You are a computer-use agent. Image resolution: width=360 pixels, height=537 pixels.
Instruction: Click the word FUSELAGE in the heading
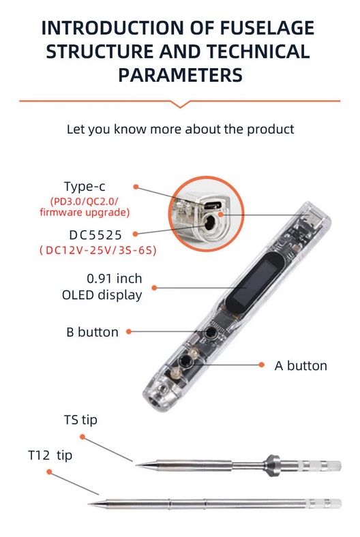pyautogui.click(x=267, y=28)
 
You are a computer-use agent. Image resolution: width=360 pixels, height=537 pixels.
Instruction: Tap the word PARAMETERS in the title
pyautogui.click(x=180, y=75)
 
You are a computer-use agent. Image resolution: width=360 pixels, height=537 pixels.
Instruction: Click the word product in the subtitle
pyautogui.click(x=270, y=129)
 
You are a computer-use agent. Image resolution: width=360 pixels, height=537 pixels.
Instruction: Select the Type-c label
pyautogui.click(x=85, y=187)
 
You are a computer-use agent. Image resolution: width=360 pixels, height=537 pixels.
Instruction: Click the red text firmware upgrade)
pyautogui.click(x=85, y=213)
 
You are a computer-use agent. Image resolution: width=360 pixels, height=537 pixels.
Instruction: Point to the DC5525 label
pyautogui.click(x=95, y=235)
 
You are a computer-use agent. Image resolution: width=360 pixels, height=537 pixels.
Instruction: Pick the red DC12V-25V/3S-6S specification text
pyautogui.click(x=97, y=250)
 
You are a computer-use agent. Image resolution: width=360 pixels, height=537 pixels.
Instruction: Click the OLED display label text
pyautogui.click(x=102, y=295)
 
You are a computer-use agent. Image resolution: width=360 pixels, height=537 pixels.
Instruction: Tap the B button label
pyautogui.click(x=92, y=332)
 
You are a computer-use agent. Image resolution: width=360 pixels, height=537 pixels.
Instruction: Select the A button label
pyautogui.click(x=301, y=366)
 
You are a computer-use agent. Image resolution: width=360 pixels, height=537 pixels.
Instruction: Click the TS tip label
pyautogui.click(x=80, y=420)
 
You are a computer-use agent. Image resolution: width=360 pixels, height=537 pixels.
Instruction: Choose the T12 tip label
pyautogui.click(x=50, y=455)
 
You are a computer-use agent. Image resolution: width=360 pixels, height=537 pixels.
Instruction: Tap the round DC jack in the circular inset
pyautogui.click(x=208, y=225)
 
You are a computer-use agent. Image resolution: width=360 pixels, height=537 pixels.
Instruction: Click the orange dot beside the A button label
pyautogui.click(x=262, y=365)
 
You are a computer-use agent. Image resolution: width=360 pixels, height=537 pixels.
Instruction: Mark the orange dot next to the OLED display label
pyautogui.click(x=154, y=288)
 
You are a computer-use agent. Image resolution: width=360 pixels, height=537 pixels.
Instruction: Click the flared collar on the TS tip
pyautogui.click(x=272, y=465)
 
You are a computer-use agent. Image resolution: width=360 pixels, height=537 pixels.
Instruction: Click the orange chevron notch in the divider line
pyautogui.click(x=180, y=104)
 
